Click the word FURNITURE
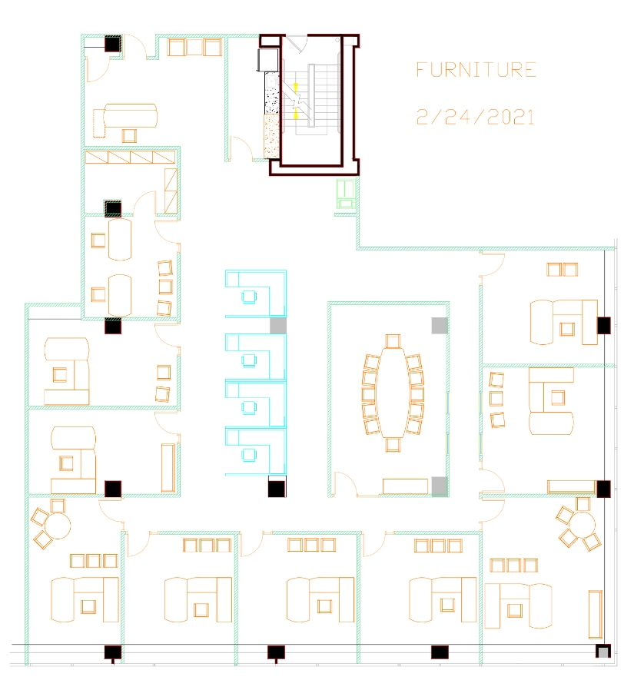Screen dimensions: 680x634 (476, 70)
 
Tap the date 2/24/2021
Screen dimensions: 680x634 (476, 118)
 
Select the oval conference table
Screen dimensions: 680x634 (393, 393)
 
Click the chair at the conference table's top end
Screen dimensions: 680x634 (393, 340)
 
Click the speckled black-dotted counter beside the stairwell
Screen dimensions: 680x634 (271, 95)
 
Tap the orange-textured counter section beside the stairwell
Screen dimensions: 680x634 (271, 136)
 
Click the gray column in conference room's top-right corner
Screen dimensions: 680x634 (439, 325)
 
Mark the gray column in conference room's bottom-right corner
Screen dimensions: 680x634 (439, 486)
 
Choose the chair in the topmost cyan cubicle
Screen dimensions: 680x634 (249, 296)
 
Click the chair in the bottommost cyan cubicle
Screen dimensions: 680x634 (249, 455)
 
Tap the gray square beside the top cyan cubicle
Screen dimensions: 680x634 (277, 325)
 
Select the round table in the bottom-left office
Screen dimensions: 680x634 (57, 526)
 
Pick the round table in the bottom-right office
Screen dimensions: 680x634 (583, 526)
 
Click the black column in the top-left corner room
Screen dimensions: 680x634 (112, 45)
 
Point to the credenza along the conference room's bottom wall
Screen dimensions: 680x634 (405, 486)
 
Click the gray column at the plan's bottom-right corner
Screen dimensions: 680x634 (604, 652)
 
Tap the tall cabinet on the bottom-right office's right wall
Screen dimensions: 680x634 (596, 612)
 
